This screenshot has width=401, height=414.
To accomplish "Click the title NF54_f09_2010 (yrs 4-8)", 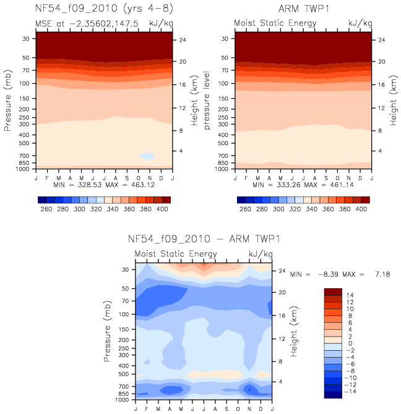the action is [x=104, y=9].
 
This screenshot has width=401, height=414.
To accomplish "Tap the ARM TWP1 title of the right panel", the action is [x=304, y=9].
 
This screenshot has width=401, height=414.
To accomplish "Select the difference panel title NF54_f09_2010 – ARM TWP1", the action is [x=204, y=239].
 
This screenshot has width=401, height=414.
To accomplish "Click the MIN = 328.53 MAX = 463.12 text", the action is [x=104, y=185].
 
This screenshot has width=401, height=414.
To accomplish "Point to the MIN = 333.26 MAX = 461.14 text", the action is [x=303, y=185].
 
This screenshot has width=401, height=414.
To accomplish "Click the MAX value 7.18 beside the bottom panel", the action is [x=382, y=275].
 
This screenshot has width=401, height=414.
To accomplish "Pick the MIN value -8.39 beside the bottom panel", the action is [x=328, y=275].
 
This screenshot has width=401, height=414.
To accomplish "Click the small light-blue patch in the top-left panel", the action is [x=146, y=156].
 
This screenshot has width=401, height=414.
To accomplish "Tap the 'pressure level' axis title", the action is [x=207, y=100].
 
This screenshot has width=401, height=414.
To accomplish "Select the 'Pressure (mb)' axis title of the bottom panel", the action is [x=107, y=331].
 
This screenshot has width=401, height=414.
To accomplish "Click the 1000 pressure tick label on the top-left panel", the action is [x=22, y=169].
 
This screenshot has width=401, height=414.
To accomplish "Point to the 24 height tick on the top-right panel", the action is [x=381, y=40].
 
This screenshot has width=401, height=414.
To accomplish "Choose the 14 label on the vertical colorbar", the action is [x=350, y=295].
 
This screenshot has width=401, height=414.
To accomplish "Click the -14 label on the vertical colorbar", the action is [x=350, y=391].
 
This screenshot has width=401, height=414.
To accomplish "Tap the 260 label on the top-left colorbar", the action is [x=46, y=209].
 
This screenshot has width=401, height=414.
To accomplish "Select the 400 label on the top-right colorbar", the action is [x=361, y=209].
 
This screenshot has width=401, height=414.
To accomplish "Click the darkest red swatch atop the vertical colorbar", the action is [x=333, y=292].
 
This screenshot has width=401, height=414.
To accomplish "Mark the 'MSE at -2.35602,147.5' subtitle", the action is [x=87, y=24].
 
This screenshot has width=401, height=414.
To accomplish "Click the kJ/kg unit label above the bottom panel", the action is [x=261, y=254].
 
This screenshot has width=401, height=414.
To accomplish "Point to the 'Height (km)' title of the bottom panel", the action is [x=294, y=331].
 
